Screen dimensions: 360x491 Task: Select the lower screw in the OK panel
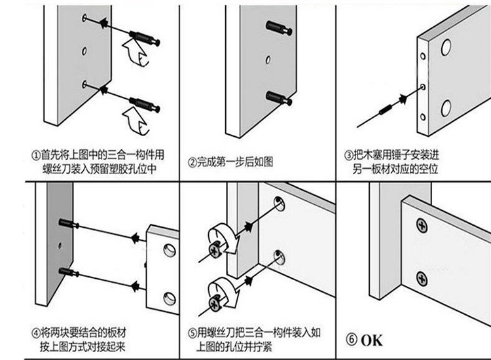pyautogui.click(x=422, y=278)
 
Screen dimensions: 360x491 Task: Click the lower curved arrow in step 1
pyautogui.click(x=135, y=120)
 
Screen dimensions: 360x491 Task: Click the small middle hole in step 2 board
pyautogui.click(x=268, y=60)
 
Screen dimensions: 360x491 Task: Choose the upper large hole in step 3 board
pyautogui.click(x=445, y=47)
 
